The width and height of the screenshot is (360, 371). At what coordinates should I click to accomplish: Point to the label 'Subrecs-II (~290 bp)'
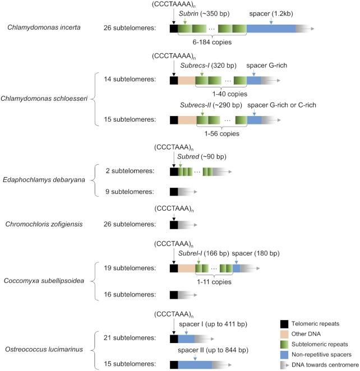tap(210, 105)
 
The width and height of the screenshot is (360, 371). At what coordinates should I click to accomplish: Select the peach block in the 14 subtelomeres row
tap(187, 80)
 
